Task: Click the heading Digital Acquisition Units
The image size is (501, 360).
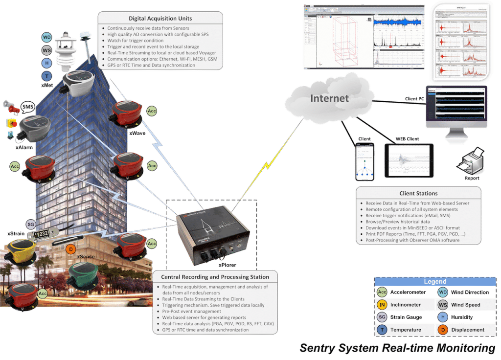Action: click(x=160, y=19)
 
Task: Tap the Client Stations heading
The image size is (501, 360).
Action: click(x=418, y=193)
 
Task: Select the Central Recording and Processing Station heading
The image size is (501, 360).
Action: click(x=215, y=277)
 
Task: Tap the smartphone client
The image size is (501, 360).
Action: click(x=364, y=162)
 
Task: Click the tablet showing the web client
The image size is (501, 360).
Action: click(x=409, y=160)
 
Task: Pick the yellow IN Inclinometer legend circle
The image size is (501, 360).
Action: click(x=383, y=305)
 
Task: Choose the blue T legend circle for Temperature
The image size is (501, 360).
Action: click(x=383, y=330)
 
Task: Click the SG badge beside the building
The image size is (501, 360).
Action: click(x=30, y=225)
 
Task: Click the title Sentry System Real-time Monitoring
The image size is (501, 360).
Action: click(x=397, y=348)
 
